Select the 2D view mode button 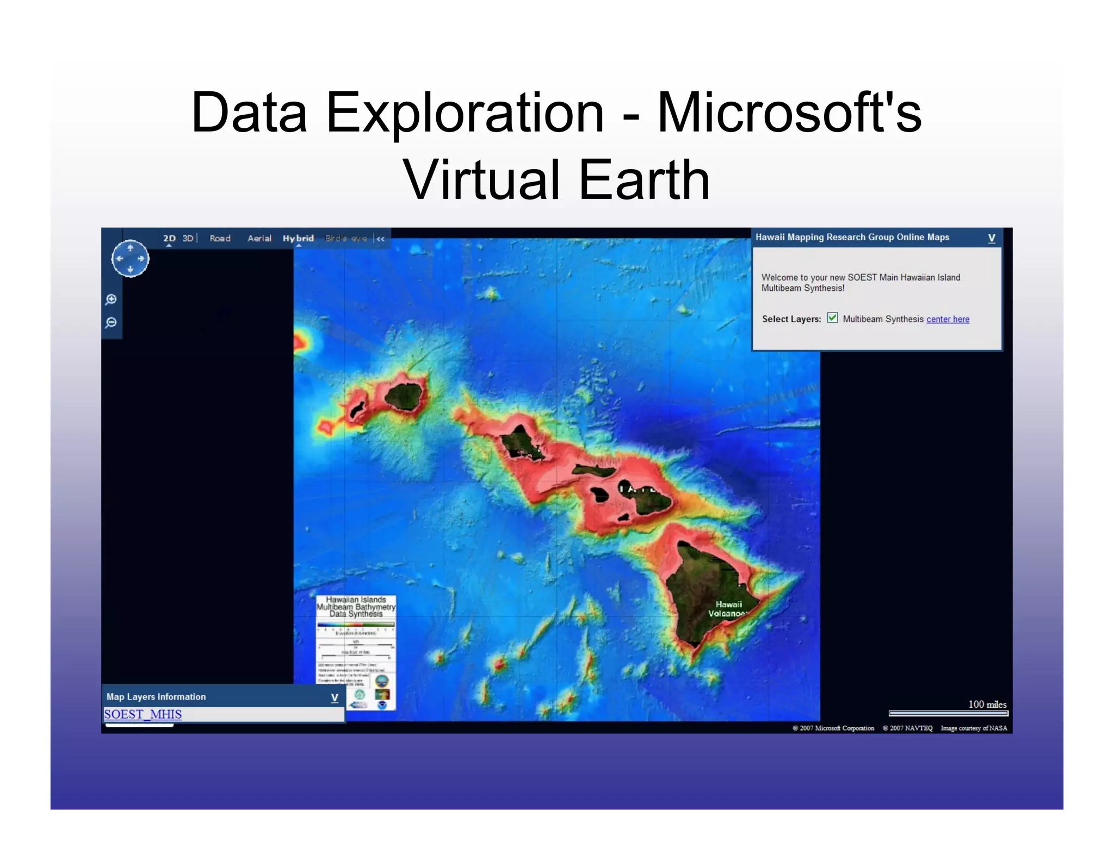pyautogui.click(x=169, y=238)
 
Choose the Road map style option pyautogui.click(x=220, y=238)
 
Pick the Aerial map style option pyautogui.click(x=259, y=238)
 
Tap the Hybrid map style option pyautogui.click(x=298, y=238)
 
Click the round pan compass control pyautogui.click(x=130, y=259)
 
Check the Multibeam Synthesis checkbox pyautogui.click(x=832, y=318)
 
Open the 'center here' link pyautogui.click(x=948, y=319)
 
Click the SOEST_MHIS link pyautogui.click(x=143, y=714)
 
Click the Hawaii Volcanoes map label pyautogui.click(x=728, y=609)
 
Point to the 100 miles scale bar pyautogui.click(x=948, y=713)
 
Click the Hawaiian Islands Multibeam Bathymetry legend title pyautogui.click(x=356, y=607)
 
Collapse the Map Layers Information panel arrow pyautogui.click(x=335, y=697)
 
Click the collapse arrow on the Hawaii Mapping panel pyautogui.click(x=991, y=238)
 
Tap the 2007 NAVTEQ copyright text pyautogui.click(x=907, y=728)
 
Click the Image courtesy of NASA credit pyautogui.click(x=974, y=728)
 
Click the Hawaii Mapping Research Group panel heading pyautogui.click(x=852, y=237)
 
